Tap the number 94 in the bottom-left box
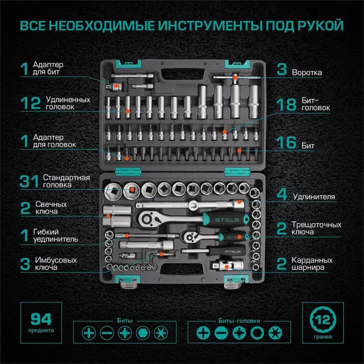click(x=41, y=319)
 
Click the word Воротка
click(x=307, y=72)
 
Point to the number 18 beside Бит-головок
click(x=286, y=104)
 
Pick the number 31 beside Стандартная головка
click(x=29, y=181)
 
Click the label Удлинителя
click(x=314, y=197)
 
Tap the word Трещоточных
click(x=316, y=225)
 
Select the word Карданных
click(x=312, y=260)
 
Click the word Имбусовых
click(x=56, y=260)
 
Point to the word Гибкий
click(x=46, y=232)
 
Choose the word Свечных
click(x=51, y=204)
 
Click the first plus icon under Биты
click(x=89, y=333)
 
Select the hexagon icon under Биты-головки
click(x=257, y=333)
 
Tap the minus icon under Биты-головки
click(x=221, y=333)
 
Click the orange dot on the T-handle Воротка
click(x=235, y=78)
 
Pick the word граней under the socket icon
click(x=323, y=336)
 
